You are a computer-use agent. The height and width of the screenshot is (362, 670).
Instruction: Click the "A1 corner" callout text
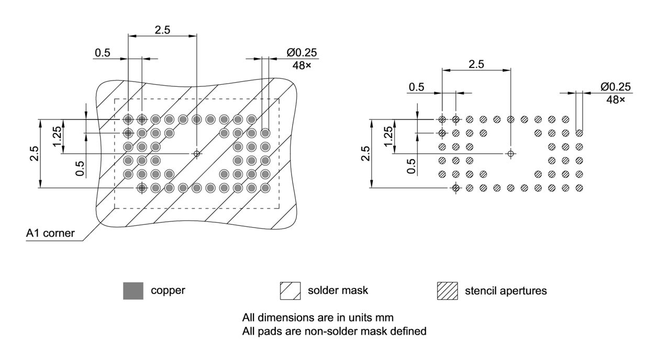pyautogui.click(x=50, y=234)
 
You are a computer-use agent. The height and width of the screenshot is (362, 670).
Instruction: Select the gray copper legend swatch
pyautogui.click(x=133, y=290)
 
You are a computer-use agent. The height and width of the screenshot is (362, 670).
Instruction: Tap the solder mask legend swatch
pyautogui.click(x=290, y=290)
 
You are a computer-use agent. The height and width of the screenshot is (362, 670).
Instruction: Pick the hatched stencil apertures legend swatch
pyautogui.click(x=447, y=290)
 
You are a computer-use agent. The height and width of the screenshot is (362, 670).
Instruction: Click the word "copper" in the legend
pyautogui.click(x=167, y=290)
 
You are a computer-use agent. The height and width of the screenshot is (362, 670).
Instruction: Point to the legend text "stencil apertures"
pyautogui.click(x=506, y=290)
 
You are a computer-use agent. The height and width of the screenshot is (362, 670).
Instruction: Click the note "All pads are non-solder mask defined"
pyautogui.click(x=334, y=331)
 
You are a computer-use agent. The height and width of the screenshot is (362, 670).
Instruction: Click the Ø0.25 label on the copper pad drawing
pyautogui.click(x=301, y=53)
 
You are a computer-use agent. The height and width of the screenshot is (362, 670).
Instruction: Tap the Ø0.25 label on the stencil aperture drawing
pyautogui.click(x=616, y=87)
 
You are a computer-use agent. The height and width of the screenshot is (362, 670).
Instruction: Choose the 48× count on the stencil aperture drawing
pyautogui.click(x=616, y=99)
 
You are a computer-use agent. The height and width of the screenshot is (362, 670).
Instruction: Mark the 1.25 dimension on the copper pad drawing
pyautogui.click(x=58, y=136)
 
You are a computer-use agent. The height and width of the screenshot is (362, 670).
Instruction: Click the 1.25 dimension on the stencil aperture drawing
pyautogui.click(x=388, y=136)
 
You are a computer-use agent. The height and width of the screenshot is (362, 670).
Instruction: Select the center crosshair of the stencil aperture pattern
pyautogui.click(x=511, y=153)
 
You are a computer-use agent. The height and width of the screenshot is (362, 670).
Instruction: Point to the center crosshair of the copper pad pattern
pyautogui.click(x=197, y=153)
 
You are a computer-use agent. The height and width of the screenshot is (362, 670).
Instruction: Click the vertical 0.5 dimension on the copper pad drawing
pyautogui.click(x=80, y=168)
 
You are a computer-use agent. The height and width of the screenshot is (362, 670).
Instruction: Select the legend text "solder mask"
pyautogui.click(x=338, y=290)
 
